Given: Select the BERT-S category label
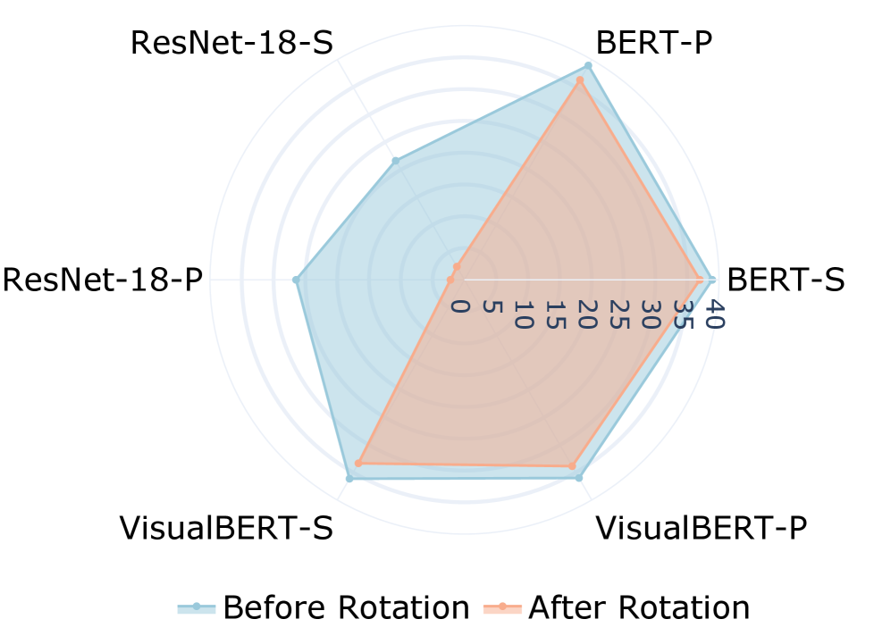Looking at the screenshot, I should point(786,280).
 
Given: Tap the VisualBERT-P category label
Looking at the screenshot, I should point(701,528).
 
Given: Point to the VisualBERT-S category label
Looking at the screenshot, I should point(226,528).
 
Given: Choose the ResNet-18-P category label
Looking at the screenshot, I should point(103,280).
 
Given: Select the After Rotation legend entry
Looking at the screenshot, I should point(617,607).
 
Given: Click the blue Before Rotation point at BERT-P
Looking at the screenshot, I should point(588,65).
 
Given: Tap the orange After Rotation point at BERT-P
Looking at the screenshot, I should point(580,80).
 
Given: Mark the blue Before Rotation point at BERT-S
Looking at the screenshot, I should point(711,280).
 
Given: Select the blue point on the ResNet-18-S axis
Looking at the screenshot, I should point(395,162).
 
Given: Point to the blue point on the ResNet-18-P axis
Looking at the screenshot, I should point(297,280).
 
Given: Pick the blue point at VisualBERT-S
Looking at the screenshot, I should point(349,480).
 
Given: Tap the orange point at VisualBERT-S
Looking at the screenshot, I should point(358,463).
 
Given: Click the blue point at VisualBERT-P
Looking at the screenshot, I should point(579,478).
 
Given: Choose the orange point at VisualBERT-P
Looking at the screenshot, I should point(572,465).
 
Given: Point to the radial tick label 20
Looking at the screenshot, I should point(585,314).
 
